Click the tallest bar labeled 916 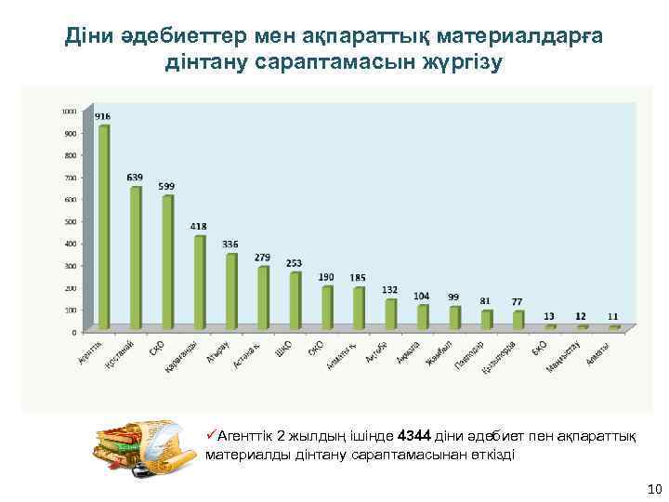pos(104,226)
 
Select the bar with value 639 pos(136,257)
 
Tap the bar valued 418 pos(200,281)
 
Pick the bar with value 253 pos(295,299)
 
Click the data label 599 pos(166,186)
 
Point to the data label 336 pos(230,244)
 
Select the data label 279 pos(262,257)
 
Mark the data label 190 pos(326,277)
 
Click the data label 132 pos(390,289)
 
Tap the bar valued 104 pos(423,316)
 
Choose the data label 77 pos(518,301)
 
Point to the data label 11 pos(613,316)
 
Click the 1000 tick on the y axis pos(70,111)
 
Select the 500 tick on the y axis pos(71,221)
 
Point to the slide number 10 pos(652,489)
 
